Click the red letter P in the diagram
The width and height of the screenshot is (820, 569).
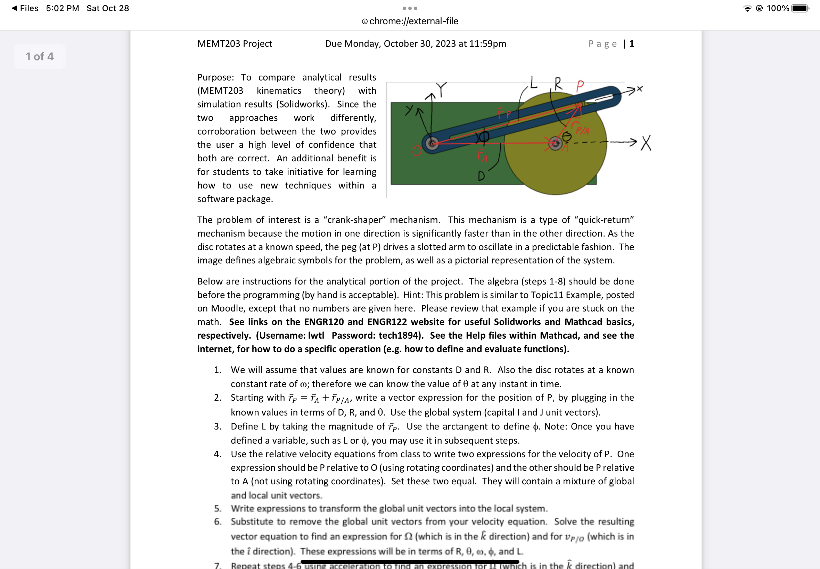click(580, 86)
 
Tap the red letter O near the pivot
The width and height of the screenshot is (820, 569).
click(417, 151)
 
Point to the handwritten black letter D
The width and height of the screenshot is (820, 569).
click(481, 176)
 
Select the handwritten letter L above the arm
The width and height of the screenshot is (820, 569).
click(533, 83)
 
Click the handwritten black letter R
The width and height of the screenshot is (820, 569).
click(558, 84)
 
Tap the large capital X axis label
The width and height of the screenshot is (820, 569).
click(646, 143)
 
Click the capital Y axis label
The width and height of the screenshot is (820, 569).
click(442, 89)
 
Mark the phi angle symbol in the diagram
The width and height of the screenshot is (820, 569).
click(484, 137)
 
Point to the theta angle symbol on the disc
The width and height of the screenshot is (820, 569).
click(567, 136)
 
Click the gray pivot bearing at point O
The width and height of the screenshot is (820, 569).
click(432, 143)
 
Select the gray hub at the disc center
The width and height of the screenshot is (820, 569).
click(555, 143)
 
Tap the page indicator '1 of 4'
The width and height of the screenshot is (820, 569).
click(40, 57)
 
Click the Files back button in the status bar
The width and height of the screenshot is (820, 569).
click(25, 8)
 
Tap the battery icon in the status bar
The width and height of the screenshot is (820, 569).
click(799, 8)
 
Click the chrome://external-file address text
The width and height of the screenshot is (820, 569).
click(413, 22)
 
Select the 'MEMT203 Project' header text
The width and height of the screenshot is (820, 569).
click(235, 43)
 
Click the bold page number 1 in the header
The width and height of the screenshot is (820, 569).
click(632, 44)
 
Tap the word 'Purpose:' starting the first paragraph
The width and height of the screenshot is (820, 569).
click(216, 77)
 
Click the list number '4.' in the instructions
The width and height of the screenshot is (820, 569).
click(218, 454)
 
